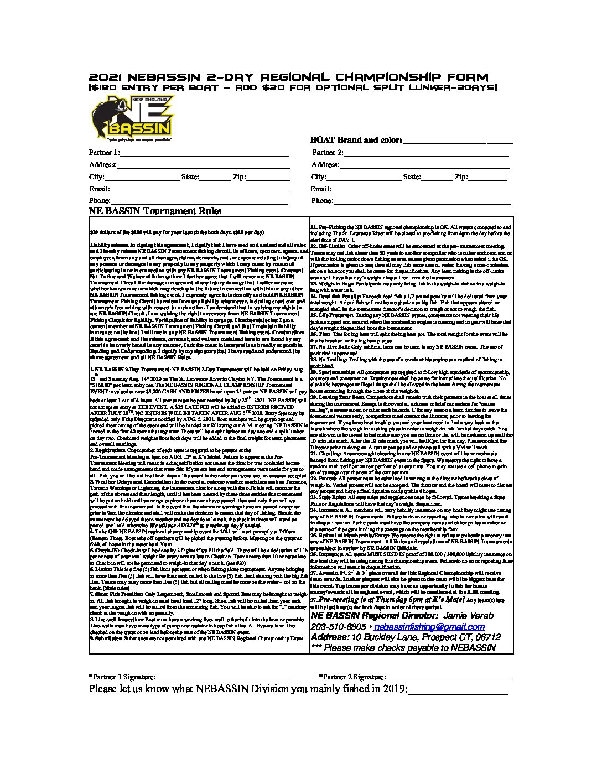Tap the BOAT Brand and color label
click(x=356, y=141)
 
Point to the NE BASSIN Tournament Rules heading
click(x=155, y=211)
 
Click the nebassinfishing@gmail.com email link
click(x=429, y=627)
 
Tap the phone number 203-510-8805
click(x=338, y=627)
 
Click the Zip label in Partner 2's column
click(x=460, y=177)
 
